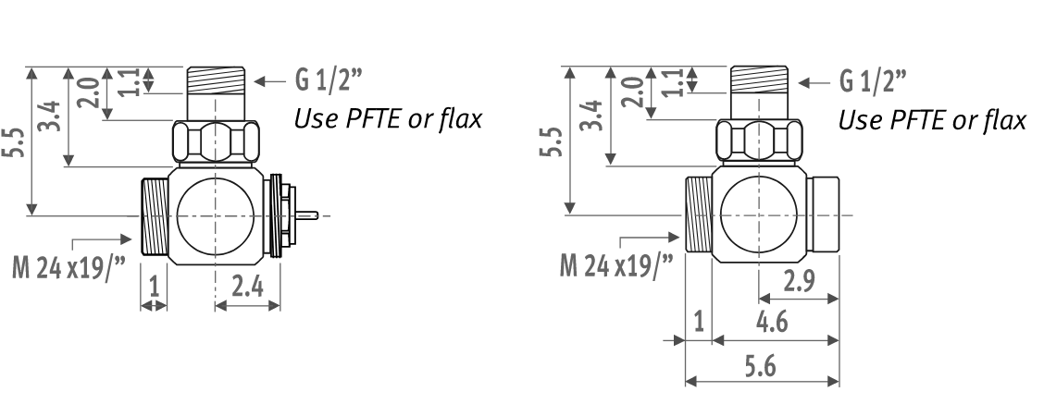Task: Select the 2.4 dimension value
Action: [x=248, y=287]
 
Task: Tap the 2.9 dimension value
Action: [x=799, y=281]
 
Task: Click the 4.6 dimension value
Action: [x=772, y=322]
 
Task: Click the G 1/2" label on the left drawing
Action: [x=329, y=80]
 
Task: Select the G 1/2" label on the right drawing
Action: [x=873, y=81]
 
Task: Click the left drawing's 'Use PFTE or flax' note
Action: [x=388, y=119]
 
